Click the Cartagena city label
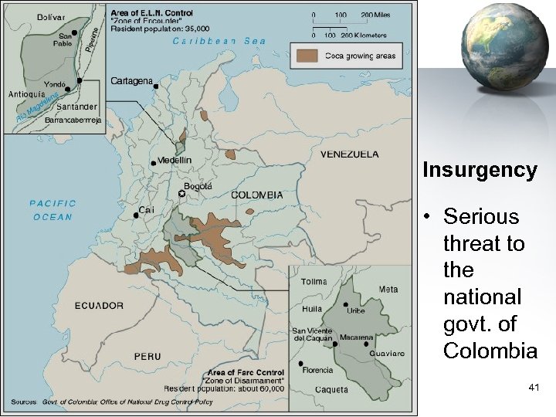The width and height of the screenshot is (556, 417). point(132,80)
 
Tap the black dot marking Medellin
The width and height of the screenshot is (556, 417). point(153,162)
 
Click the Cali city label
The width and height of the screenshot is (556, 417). point(147,209)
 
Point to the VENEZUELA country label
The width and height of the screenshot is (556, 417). point(350,154)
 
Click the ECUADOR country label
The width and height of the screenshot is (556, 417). point(99,305)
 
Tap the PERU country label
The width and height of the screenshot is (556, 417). point(147,356)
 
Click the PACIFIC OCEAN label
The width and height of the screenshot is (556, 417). point(53,210)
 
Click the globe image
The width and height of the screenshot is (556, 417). point(486,47)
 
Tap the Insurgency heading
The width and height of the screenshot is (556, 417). point(480,171)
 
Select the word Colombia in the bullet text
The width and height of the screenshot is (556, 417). point(490,351)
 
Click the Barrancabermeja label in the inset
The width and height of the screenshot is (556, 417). point(73,120)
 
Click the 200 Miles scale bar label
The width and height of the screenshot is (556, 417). point(377,15)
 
